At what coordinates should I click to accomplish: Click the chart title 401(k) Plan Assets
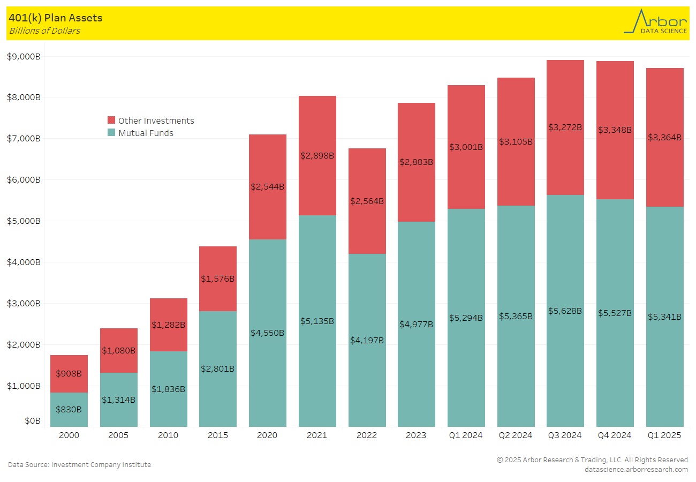(x=56, y=18)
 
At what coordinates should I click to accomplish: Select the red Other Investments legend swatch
(x=111, y=120)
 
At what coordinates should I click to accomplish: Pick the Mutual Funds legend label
(x=146, y=133)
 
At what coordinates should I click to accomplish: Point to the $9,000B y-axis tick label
(x=24, y=56)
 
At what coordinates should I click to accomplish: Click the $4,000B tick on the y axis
(x=24, y=262)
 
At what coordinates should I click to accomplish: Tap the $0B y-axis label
(x=32, y=421)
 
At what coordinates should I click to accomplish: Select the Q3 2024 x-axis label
(x=565, y=435)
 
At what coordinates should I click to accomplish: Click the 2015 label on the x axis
(x=218, y=435)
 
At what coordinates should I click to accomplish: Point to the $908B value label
(x=69, y=373)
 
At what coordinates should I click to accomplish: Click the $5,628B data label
(x=565, y=311)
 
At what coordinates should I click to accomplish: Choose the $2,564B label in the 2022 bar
(x=367, y=201)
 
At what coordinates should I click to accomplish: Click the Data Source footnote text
(x=79, y=464)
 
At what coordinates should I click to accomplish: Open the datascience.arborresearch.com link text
(x=636, y=469)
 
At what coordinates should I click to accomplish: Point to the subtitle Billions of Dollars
(x=44, y=31)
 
